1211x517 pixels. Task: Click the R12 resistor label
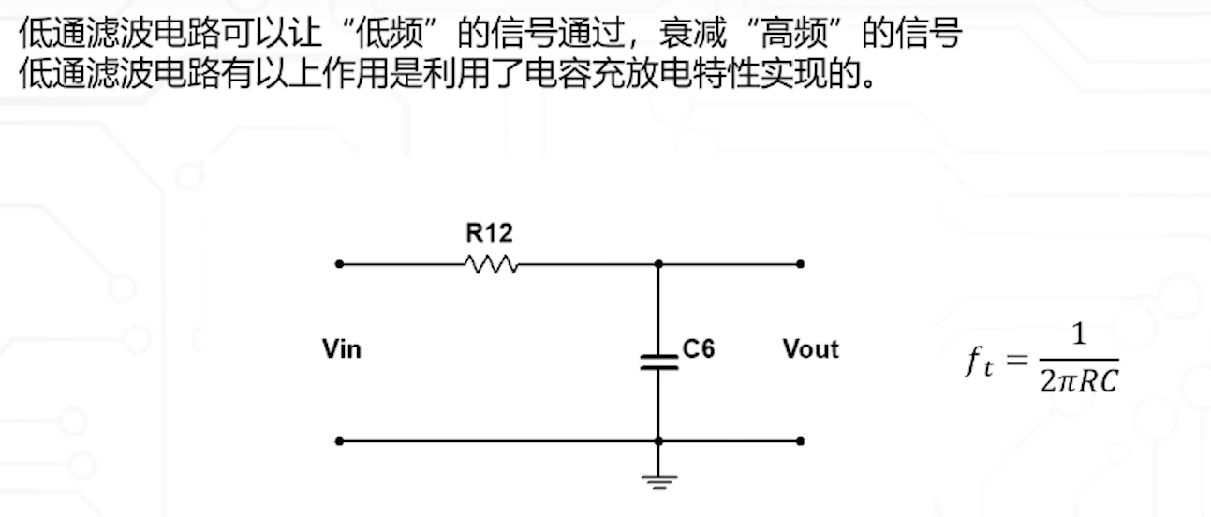489,232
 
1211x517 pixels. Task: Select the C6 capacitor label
698,349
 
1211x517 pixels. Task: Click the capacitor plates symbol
658,362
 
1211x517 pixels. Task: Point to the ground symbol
658,481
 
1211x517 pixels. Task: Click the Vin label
342,350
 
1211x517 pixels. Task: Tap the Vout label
810,349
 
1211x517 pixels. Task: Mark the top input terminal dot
339,264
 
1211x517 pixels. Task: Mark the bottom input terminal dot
339,440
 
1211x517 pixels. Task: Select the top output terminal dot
800,264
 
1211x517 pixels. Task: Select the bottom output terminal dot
800,440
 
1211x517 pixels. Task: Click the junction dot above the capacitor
658,264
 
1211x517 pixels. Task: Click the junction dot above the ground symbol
658,440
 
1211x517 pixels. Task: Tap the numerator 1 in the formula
1079,334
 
